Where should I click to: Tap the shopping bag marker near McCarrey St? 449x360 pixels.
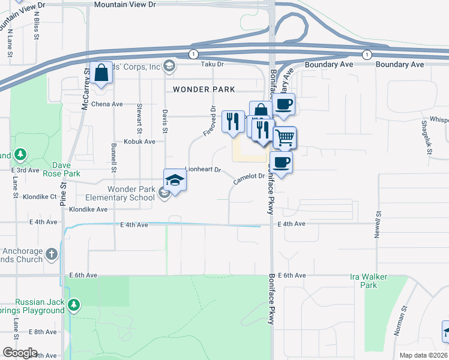coord(101,73)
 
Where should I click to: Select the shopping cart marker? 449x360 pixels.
coord(285,137)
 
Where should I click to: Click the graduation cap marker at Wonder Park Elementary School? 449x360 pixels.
coord(175,180)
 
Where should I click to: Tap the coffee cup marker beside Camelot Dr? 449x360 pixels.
coord(281,162)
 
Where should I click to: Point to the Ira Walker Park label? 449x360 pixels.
coord(369,281)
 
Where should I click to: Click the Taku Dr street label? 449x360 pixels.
coord(212,64)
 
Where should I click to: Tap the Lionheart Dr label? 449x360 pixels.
coord(203,170)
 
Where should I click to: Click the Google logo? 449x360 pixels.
coord(19,353)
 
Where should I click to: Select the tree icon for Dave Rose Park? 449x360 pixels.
coord(22,155)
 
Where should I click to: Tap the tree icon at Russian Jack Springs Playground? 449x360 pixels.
coord(74,305)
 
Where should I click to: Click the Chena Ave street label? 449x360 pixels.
coord(107,104)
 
